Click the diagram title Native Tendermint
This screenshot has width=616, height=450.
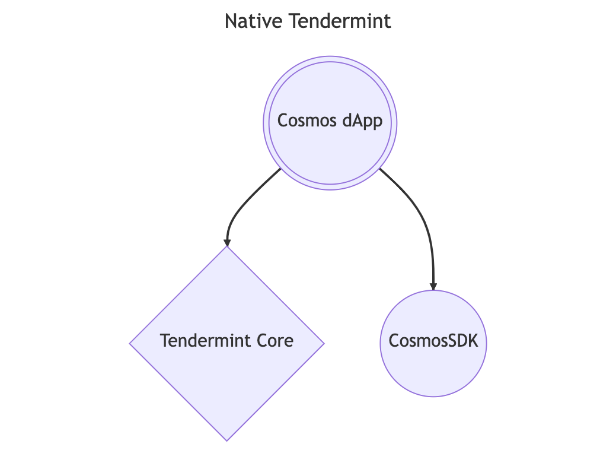tap(308, 21)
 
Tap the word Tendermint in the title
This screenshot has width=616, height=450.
tap(340, 21)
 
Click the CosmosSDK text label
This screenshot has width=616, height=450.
tap(433, 341)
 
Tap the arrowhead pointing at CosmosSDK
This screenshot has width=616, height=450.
tap(433, 287)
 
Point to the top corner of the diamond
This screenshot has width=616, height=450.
tap(227, 248)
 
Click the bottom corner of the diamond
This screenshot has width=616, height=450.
tap(227, 440)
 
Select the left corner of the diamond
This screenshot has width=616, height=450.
tap(131, 343)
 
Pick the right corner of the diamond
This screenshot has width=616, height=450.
tap(323, 343)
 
